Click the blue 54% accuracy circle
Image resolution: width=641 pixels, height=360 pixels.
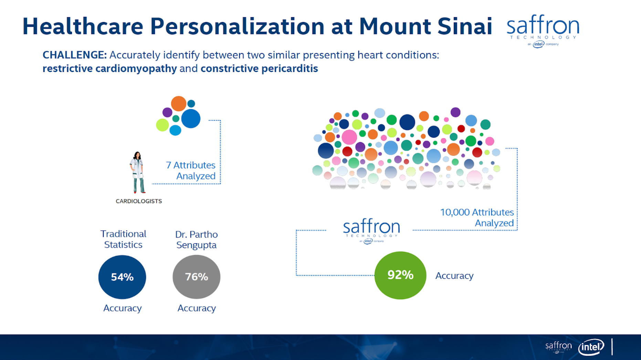pos(122,277)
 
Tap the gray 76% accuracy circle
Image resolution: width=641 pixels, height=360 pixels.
pos(197,277)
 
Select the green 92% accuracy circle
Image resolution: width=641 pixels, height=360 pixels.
pos(400,275)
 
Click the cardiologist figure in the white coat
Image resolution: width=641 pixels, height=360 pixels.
pos(138,172)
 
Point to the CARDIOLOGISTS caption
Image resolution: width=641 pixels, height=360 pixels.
pos(139,201)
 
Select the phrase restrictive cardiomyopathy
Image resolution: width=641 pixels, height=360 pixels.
pos(109,68)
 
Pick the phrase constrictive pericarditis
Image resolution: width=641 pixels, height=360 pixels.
pos(259,68)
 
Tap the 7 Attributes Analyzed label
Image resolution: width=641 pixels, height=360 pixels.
pos(191,170)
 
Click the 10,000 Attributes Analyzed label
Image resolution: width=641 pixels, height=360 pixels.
pos(477,218)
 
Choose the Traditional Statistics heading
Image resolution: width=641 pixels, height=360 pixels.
pos(123,239)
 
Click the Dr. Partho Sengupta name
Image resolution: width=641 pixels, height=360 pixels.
pos(197,240)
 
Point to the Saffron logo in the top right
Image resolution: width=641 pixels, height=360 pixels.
pos(543,31)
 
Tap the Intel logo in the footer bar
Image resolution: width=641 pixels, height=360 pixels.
pos(591,347)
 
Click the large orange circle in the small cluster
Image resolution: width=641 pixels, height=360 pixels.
pos(179,104)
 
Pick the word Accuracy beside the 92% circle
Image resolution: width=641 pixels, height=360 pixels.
pos(454,276)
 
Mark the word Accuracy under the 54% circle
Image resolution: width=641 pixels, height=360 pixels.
pos(123,308)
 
